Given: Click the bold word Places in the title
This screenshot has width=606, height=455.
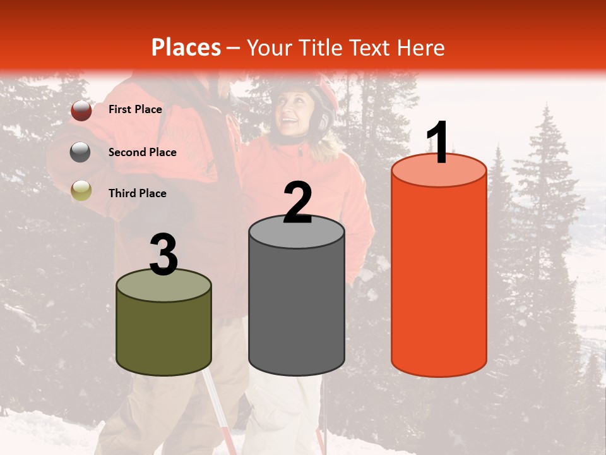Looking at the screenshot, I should tap(186, 47).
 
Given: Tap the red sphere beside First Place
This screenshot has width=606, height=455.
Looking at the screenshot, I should tap(81, 111).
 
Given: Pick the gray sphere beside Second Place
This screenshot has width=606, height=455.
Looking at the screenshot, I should tap(81, 152).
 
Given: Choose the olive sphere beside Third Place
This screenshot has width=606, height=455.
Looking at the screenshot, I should tap(81, 190).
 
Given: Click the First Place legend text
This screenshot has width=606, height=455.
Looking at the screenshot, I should tap(135, 109).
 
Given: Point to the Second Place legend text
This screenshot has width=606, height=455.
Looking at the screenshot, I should tap(142, 152).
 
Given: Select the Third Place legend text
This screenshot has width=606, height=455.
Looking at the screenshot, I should tap(137, 193).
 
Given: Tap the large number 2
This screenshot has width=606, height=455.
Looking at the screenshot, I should tap(297, 203).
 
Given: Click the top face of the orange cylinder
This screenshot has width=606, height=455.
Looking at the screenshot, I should tap(439, 171).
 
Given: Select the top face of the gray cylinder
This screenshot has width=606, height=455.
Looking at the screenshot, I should tap(297, 232).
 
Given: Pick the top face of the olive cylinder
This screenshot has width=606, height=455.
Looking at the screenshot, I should tap(164, 285).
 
